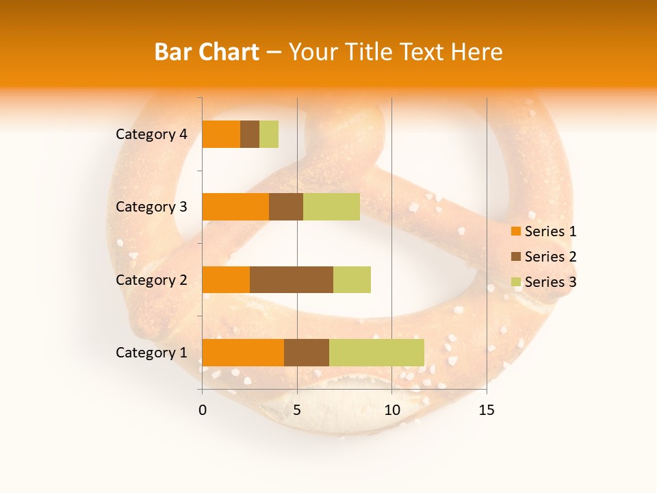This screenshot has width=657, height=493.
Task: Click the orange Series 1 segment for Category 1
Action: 243,352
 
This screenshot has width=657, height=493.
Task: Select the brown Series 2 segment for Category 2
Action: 292,279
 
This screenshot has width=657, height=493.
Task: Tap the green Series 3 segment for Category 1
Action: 376,352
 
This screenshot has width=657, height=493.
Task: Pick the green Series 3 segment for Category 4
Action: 269,134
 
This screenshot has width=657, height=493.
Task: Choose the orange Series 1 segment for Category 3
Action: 235,207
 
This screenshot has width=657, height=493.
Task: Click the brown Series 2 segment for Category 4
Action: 250,134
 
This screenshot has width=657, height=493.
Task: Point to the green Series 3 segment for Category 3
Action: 331,207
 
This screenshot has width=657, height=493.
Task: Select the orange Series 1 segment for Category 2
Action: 226,279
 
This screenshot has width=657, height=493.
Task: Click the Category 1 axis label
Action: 151,353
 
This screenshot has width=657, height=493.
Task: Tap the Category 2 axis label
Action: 151,280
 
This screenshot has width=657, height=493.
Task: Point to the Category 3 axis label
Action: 151,207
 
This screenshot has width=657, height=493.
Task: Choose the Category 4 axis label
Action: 151,134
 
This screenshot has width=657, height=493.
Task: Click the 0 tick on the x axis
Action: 203,410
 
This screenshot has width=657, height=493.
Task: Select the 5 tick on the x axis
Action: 297,410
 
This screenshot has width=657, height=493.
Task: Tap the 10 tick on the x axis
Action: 391,410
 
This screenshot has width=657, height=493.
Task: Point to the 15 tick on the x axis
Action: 487,410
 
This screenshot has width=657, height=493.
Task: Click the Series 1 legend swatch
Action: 515,231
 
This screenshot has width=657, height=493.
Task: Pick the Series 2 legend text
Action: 550,257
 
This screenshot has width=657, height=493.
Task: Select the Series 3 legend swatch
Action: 515,282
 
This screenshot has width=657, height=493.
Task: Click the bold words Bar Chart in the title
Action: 206,52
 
